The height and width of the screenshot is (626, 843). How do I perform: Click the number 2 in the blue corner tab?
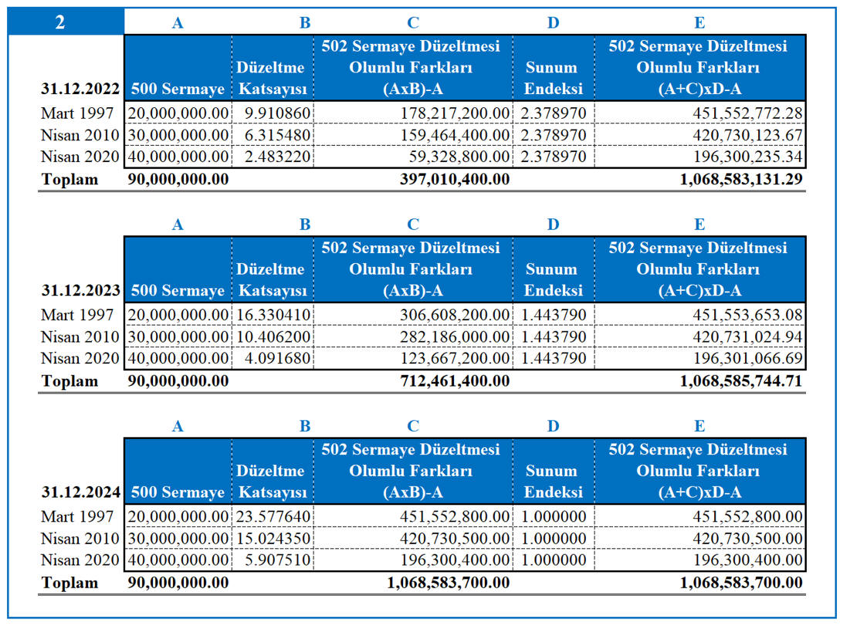pyautogui.click(x=60, y=22)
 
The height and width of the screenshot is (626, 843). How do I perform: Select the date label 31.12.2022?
pyautogui.click(x=80, y=89)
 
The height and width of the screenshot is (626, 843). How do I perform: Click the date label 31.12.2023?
pyautogui.click(x=80, y=290)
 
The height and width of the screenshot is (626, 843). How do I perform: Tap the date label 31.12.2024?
pyautogui.click(x=80, y=492)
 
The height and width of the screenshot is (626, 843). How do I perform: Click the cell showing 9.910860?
pyautogui.click(x=277, y=113)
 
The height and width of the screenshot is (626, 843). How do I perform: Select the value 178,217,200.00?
pyautogui.click(x=455, y=113)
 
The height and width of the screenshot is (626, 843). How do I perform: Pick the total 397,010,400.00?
pyautogui.click(x=455, y=179)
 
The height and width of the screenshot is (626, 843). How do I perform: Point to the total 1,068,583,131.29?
pyautogui.click(x=741, y=179)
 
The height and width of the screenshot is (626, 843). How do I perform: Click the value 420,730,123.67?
pyautogui.click(x=748, y=135)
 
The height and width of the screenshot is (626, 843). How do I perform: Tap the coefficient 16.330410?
pyautogui.click(x=273, y=315)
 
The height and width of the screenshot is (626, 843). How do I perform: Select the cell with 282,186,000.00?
pyautogui.click(x=455, y=337)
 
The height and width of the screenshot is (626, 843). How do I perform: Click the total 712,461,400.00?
pyautogui.click(x=455, y=381)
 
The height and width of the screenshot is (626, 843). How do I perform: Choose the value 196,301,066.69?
pyautogui.click(x=748, y=358)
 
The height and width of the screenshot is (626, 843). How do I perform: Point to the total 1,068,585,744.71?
pyautogui.click(x=741, y=381)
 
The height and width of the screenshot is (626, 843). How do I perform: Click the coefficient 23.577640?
pyautogui.click(x=273, y=516)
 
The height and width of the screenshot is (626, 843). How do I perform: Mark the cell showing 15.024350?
pyautogui.click(x=273, y=539)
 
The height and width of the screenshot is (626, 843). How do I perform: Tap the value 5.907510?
pyautogui.click(x=277, y=560)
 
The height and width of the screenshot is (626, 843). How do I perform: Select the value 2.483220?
pyautogui.click(x=277, y=157)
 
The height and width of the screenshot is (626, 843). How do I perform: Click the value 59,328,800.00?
pyautogui.click(x=459, y=157)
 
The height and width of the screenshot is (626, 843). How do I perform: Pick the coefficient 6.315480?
pyautogui.click(x=277, y=135)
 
